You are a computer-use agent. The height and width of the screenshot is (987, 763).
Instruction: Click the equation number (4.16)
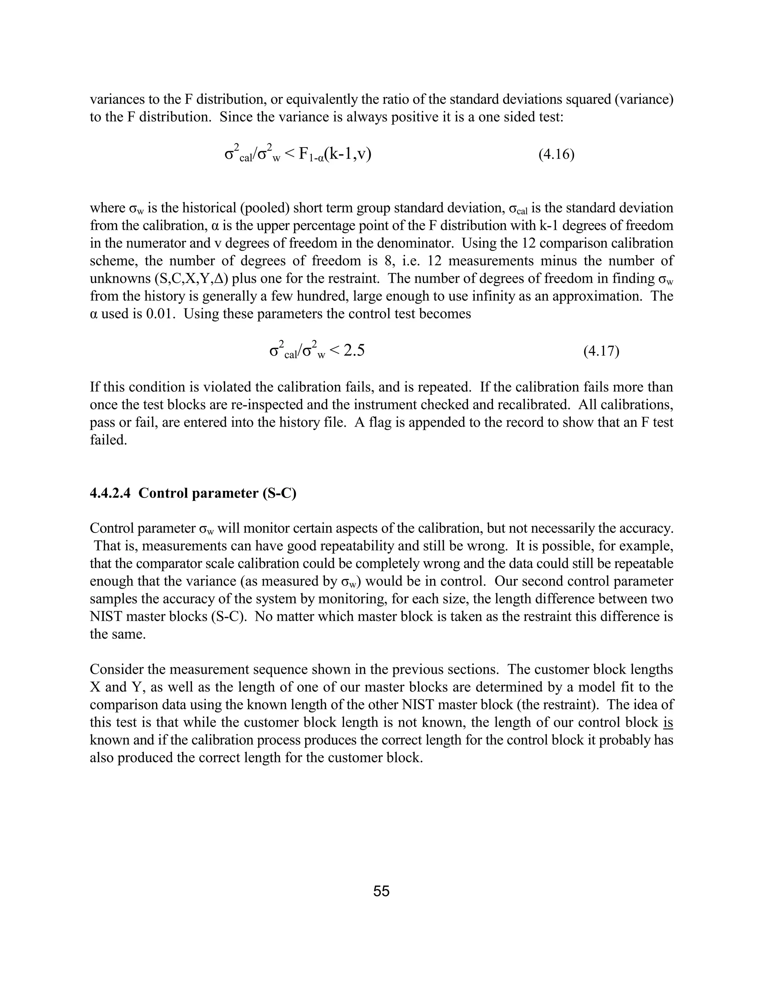[556, 155]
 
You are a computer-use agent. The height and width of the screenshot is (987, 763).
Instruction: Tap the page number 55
[381, 891]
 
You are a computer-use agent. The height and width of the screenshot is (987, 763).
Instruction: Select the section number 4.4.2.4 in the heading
[110, 493]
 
